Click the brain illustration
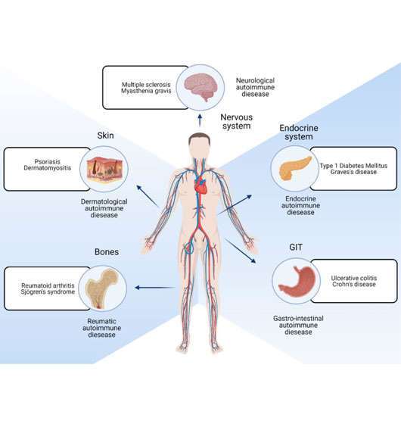point(201,87)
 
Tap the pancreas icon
point(295,168)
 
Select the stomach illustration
point(297,281)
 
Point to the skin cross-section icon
point(104,169)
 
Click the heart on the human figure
point(201,185)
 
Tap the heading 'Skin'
point(105,136)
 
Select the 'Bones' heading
point(107,251)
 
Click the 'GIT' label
point(296,247)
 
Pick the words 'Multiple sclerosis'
point(146,85)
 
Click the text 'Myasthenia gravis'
point(146,91)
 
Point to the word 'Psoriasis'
point(47,161)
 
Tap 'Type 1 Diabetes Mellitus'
point(354,166)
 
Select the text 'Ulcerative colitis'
point(354,278)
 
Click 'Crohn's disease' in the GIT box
point(354,284)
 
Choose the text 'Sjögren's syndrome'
point(48,291)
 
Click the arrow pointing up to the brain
point(200,120)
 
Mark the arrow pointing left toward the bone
point(155,288)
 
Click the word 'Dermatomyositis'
point(47,168)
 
